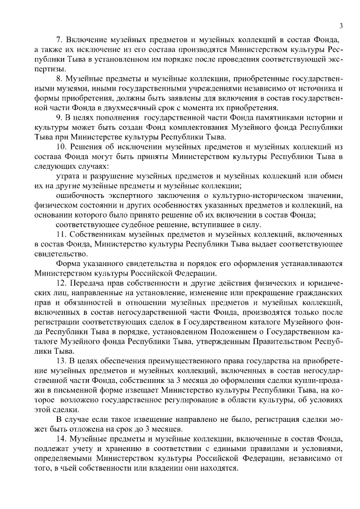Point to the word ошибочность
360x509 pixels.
coord(79,195)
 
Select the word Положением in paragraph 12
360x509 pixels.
coord(235,330)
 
